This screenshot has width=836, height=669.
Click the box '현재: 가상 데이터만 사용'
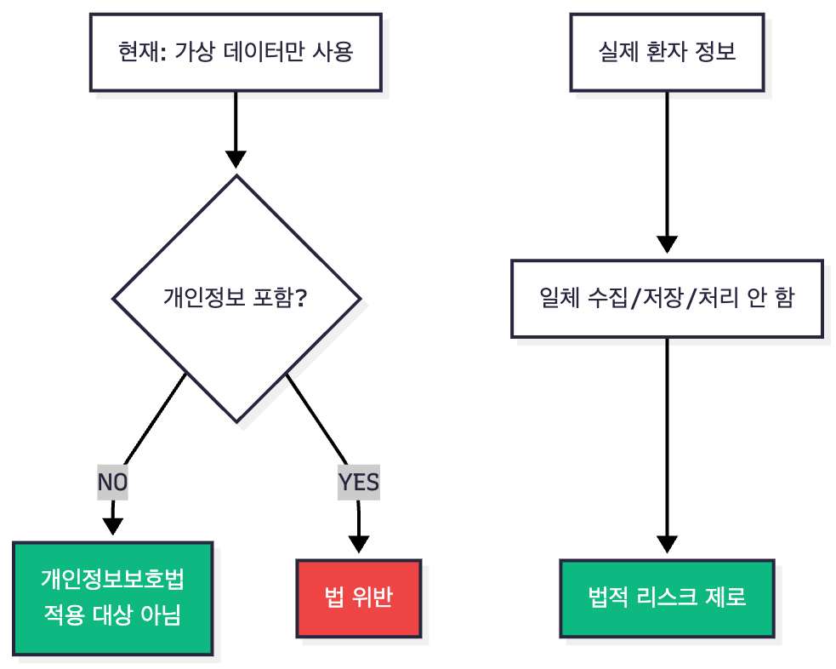[x=236, y=53]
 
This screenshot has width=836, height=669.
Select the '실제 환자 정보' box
[x=667, y=53]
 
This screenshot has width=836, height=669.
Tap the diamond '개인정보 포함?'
[x=236, y=298]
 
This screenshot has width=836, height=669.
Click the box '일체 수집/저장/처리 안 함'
[x=667, y=298]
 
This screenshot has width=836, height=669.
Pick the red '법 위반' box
[x=358, y=598]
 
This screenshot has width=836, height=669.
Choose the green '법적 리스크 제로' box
[x=667, y=598]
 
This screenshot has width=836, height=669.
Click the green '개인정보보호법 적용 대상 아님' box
[x=112, y=598]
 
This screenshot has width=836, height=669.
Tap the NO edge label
[x=112, y=483]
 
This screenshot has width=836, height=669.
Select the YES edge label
[x=358, y=483]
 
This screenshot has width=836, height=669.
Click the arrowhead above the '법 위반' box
[x=359, y=545]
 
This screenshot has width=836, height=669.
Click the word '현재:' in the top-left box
[x=141, y=53]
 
